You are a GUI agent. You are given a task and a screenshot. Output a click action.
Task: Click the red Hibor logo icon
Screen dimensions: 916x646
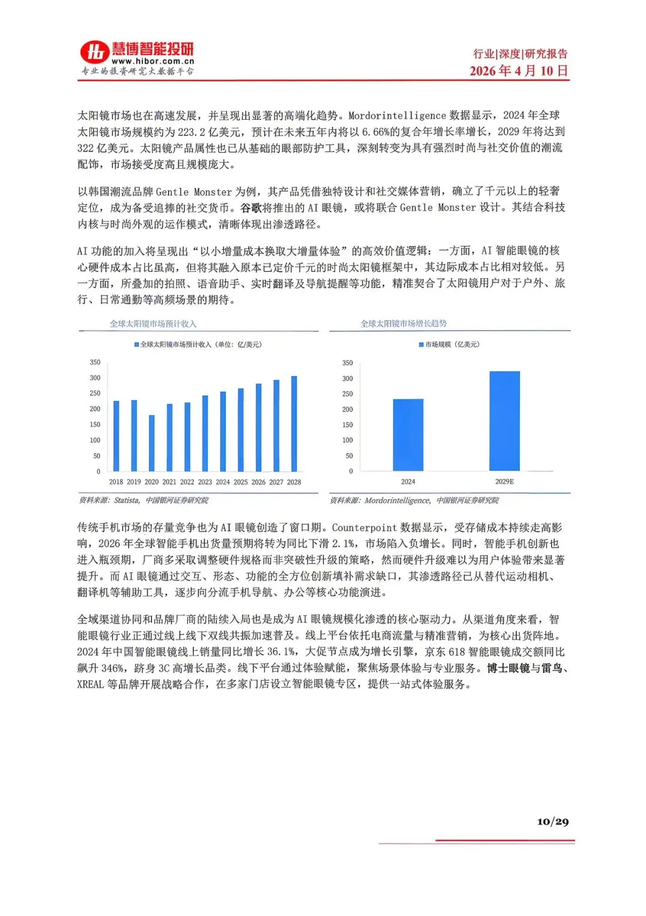(95, 52)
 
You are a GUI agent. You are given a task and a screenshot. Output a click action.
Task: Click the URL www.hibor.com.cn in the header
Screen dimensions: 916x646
(153, 61)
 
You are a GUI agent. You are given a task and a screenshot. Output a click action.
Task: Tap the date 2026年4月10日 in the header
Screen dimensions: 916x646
(518, 71)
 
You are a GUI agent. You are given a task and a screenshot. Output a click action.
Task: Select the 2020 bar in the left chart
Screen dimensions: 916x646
(152, 443)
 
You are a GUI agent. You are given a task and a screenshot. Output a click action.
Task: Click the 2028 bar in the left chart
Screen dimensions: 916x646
(294, 423)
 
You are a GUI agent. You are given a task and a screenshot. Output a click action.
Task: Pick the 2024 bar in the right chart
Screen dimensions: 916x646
(408, 435)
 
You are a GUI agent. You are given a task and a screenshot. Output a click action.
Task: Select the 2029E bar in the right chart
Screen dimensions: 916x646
(504, 421)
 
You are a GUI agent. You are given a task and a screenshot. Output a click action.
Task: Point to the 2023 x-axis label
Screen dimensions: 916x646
(205, 482)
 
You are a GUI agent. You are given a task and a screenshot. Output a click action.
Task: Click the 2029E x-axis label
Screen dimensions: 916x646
(504, 482)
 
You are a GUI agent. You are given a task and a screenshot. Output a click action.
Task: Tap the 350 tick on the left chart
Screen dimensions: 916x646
(95, 362)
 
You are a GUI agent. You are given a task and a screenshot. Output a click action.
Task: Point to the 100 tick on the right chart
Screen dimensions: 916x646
(348, 440)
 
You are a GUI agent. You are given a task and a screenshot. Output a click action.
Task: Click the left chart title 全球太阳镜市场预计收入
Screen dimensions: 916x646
(153, 324)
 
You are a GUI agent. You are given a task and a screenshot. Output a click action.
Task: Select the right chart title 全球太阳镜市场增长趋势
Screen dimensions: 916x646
(404, 323)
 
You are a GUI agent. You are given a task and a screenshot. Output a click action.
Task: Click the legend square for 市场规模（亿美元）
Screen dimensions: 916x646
(421, 345)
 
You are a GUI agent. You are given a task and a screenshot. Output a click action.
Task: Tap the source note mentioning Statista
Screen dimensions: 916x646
(144, 501)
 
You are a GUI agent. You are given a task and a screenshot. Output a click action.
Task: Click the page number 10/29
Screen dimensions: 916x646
(553, 821)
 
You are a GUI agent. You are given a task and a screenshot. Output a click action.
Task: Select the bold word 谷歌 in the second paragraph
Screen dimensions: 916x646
(251, 208)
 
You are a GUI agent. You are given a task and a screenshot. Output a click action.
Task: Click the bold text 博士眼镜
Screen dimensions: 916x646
(508, 668)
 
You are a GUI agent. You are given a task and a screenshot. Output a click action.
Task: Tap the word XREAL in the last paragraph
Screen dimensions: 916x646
(90, 684)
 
